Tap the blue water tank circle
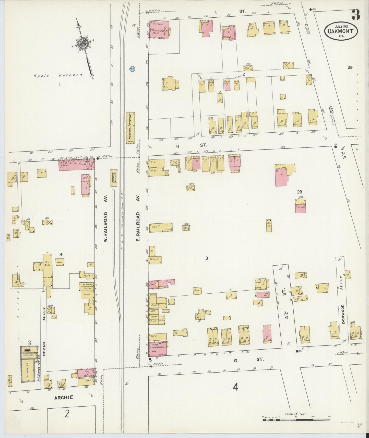coord(132,69)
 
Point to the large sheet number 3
coord(356,15)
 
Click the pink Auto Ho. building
coord(301,208)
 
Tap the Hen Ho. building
coord(269,225)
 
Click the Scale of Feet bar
coord(296,420)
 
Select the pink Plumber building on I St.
coord(159,30)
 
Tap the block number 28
coord(300,192)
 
